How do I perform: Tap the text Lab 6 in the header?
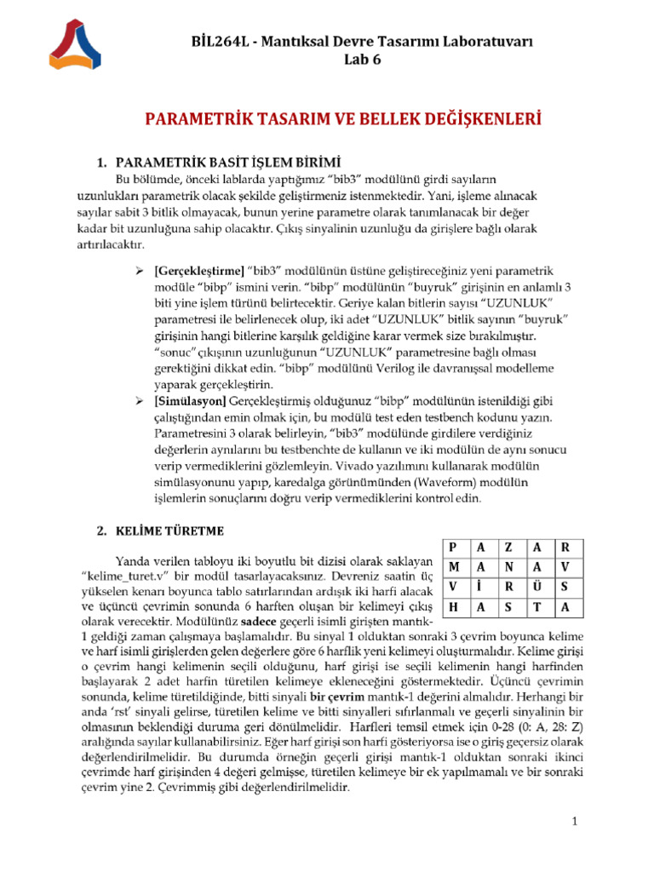click(x=363, y=60)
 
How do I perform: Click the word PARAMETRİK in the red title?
click(x=198, y=118)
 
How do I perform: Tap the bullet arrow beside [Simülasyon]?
click(x=142, y=401)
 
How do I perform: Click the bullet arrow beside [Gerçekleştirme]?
click(x=142, y=271)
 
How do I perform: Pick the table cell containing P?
click(x=455, y=548)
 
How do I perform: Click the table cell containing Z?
click(x=508, y=548)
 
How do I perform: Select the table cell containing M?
click(x=455, y=567)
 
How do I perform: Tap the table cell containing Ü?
click(x=537, y=587)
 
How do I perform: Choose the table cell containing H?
click(x=455, y=606)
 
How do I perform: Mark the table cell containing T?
click(x=537, y=606)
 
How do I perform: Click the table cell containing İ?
click(x=481, y=587)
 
